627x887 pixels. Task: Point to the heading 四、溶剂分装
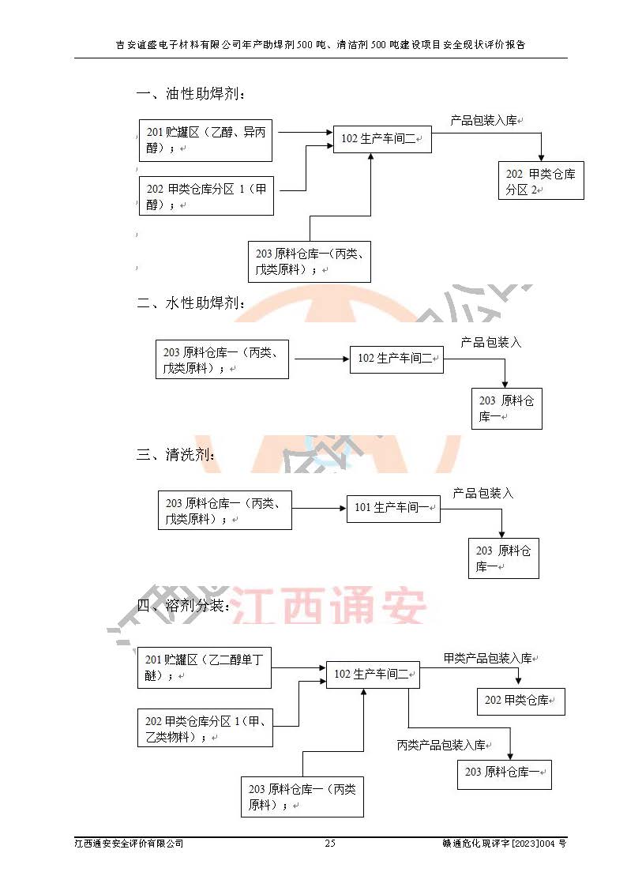click(x=183, y=606)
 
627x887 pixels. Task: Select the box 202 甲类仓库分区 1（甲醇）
click(x=206, y=196)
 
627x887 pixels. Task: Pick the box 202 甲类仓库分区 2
click(x=541, y=182)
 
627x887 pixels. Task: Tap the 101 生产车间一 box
click(x=392, y=507)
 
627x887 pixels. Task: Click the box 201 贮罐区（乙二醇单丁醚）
click(x=205, y=667)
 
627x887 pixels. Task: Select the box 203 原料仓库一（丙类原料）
click(x=302, y=796)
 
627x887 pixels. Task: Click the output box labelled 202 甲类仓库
click(x=520, y=700)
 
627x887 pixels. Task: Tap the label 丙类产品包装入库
click(x=441, y=745)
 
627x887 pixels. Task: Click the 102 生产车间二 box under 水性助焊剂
click(x=396, y=358)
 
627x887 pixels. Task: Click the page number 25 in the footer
click(x=330, y=844)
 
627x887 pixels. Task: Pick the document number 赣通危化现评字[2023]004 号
click(x=504, y=844)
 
